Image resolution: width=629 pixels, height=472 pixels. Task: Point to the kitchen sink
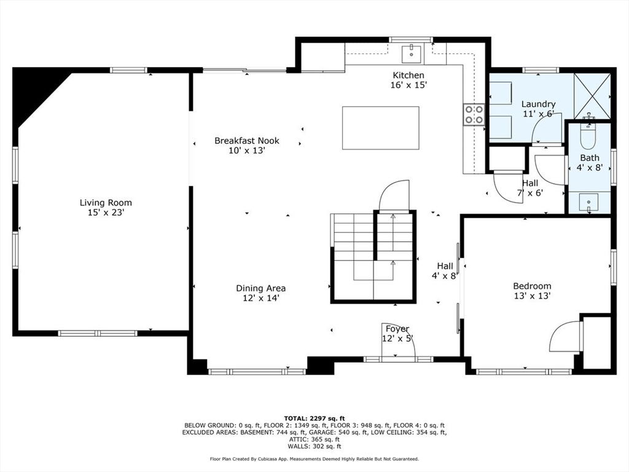411,54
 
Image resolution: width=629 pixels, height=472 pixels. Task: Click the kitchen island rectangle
381,128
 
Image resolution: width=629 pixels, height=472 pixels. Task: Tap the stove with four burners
474,114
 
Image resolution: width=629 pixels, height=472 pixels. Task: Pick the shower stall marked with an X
592,96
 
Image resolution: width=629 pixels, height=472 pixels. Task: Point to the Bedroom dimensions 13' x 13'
532,296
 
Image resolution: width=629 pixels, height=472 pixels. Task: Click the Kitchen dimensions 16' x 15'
408,85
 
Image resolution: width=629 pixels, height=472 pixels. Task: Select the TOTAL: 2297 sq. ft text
314,418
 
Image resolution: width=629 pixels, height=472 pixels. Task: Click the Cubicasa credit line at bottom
314,458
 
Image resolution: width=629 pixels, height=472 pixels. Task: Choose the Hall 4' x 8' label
445,271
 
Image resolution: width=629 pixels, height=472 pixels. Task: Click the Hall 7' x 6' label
530,188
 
